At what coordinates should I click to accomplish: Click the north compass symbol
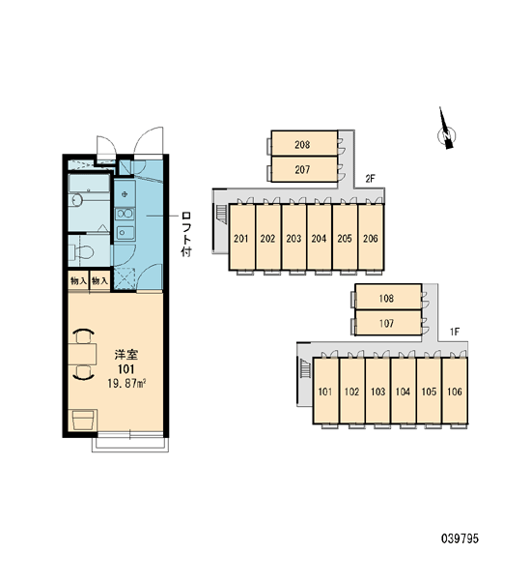point(446,134)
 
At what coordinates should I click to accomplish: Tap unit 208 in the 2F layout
point(304,143)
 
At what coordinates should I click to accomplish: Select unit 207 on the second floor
point(304,169)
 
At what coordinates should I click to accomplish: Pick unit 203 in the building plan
point(293,237)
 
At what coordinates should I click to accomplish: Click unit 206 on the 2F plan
point(371,237)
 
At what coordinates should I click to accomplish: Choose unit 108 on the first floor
point(388,297)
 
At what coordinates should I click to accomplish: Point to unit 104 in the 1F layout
point(404,391)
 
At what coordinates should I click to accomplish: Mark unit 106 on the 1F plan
point(455,391)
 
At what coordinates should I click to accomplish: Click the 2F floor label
point(370,179)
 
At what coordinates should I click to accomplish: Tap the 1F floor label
point(454,332)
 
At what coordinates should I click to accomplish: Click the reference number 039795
point(460,538)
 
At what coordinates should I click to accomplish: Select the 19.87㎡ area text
point(126,384)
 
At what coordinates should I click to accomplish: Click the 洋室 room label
point(126,355)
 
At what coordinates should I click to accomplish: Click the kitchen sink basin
point(125,232)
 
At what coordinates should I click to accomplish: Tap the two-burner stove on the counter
point(125,214)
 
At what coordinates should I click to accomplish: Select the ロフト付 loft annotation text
point(186,234)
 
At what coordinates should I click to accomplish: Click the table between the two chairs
point(82,354)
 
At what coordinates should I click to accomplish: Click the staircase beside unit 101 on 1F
point(305,368)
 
